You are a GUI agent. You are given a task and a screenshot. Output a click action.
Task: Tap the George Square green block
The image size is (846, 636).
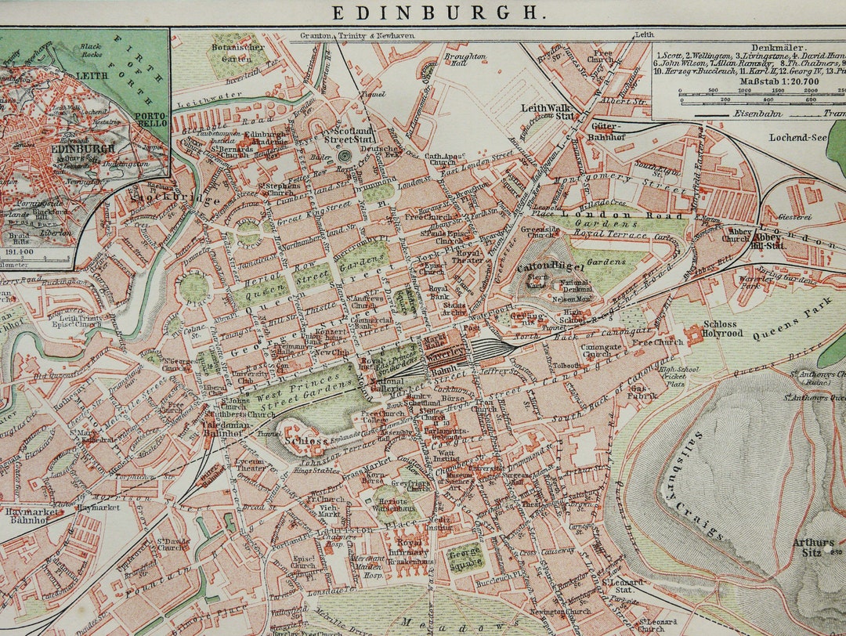[465, 557]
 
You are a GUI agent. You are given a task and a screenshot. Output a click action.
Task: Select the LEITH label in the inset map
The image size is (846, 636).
[92, 77]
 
